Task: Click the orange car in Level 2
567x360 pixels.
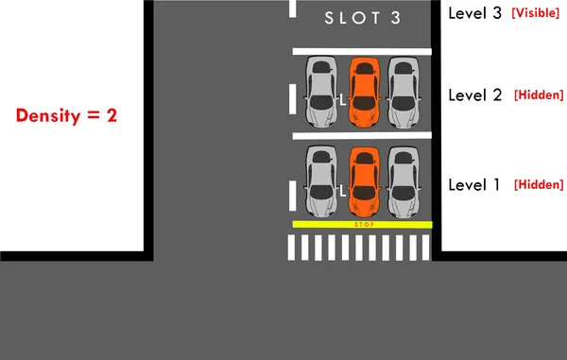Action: pos(363,92)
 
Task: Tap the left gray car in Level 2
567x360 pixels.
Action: pos(321,92)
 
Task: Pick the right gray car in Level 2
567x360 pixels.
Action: pos(404,92)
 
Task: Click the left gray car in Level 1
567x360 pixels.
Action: pos(321,180)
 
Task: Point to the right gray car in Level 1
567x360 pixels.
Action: pos(404,180)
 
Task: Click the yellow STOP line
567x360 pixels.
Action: pos(363,224)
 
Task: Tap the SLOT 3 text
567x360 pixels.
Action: pos(363,17)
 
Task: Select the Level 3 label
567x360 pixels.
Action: pos(474,14)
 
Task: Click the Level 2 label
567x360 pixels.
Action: pos(474,94)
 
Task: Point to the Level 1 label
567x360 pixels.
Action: pos(474,184)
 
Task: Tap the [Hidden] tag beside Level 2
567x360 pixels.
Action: pos(538,95)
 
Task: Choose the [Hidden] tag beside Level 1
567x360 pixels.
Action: pos(538,184)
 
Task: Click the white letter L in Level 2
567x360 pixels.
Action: pos(342,99)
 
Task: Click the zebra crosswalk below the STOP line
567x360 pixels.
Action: pos(359,248)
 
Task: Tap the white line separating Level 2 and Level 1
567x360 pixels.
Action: pos(363,136)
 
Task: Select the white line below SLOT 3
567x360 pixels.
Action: pos(363,50)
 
